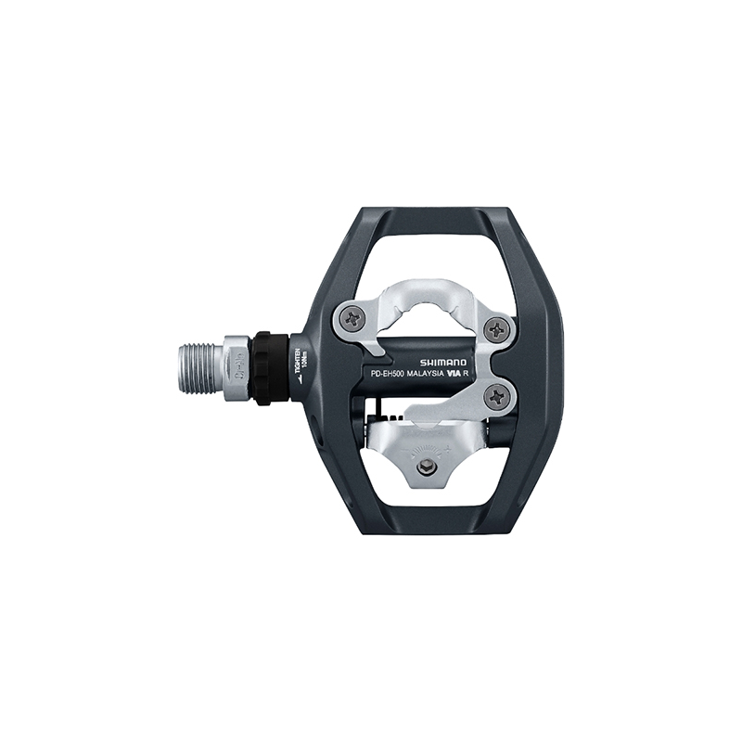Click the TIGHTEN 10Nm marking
pyautogui.click(x=299, y=363)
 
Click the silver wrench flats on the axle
pyautogui.click(x=236, y=367)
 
